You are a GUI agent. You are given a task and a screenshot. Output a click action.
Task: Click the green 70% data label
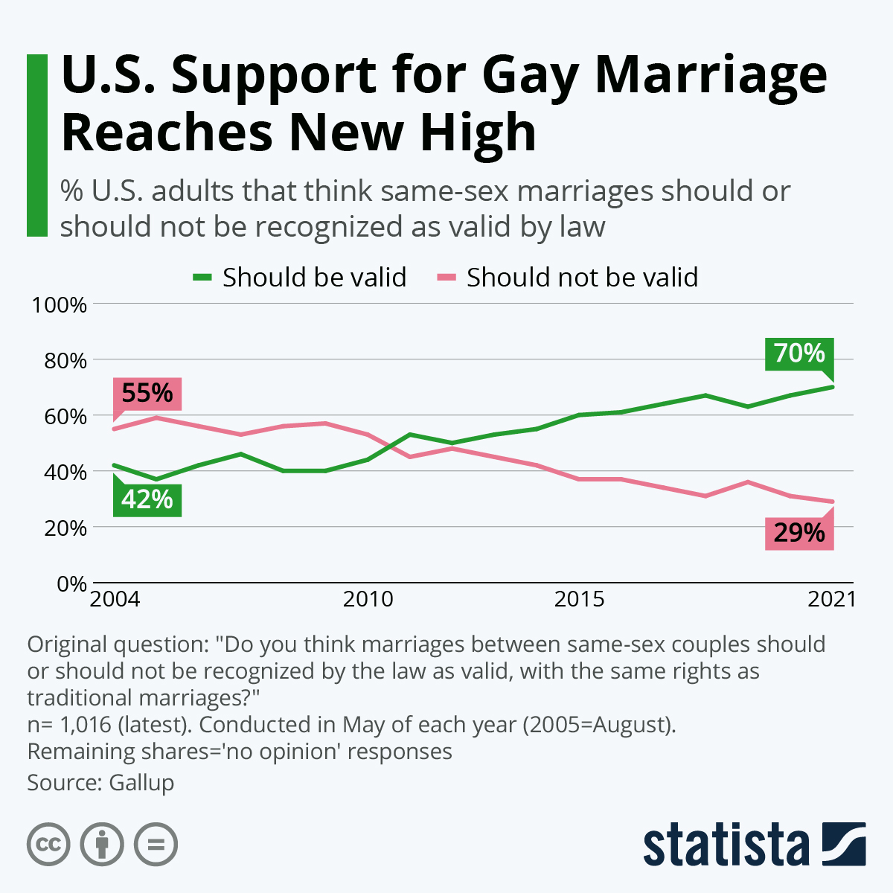[x=799, y=353]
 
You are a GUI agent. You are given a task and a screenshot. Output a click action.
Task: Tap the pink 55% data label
[x=147, y=393]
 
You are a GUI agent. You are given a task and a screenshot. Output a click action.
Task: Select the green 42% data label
[x=147, y=499]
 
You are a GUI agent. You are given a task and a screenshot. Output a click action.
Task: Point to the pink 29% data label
[x=799, y=534]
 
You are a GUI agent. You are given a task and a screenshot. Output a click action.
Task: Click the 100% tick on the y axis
[x=59, y=305]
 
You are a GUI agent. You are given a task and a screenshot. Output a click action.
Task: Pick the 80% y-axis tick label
[x=64, y=361]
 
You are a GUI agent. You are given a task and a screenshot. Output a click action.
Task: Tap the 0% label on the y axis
[x=72, y=584]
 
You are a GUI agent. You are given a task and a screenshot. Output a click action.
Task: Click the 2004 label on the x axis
[x=115, y=599]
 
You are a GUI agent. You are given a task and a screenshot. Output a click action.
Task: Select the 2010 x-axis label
[x=368, y=599]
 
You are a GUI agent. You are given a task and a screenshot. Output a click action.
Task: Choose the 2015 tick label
[x=579, y=599]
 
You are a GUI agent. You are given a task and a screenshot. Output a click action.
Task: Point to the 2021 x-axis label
[x=832, y=599]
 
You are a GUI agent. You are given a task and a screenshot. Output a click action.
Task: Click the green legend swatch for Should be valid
[x=202, y=278]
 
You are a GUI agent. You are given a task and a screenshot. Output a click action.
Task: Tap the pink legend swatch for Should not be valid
[x=446, y=278]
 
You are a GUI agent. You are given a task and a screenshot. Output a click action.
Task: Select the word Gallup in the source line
[x=141, y=783]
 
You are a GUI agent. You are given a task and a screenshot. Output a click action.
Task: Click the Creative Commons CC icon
[x=48, y=845]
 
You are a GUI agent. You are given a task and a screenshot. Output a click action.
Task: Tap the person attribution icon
[x=102, y=845]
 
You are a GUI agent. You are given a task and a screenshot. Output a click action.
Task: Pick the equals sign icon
[x=156, y=845]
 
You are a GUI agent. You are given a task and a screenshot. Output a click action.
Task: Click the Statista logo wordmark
[x=726, y=845]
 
